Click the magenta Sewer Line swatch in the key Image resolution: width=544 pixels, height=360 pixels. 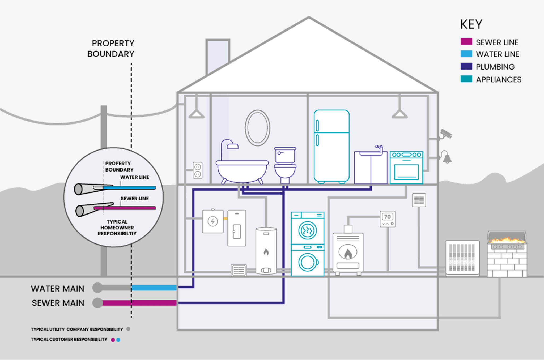tap(466, 42)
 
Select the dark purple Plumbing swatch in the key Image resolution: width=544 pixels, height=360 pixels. tap(466, 66)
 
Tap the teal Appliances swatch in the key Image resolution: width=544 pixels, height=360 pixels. tap(466, 79)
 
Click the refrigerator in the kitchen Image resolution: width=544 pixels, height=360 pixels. tap(331, 146)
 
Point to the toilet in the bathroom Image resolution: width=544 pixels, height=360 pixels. tap(285, 165)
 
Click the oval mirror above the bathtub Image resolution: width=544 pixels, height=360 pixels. tap(257, 128)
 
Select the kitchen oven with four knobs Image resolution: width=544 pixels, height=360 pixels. tap(406, 168)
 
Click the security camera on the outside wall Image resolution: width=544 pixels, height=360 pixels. tap(446, 134)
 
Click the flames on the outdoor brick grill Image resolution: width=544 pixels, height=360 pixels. tap(507, 240)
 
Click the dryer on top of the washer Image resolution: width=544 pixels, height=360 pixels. tap(307, 228)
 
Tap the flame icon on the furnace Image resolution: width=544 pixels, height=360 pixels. tap(348, 254)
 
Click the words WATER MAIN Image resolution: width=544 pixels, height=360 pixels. tap(58, 289)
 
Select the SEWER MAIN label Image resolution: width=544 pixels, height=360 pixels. tap(58, 303)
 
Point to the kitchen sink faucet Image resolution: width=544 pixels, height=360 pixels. tap(379, 148)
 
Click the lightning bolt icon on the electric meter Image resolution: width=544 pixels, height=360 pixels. tap(213, 221)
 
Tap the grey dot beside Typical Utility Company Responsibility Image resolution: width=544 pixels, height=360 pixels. tap(128, 329)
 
